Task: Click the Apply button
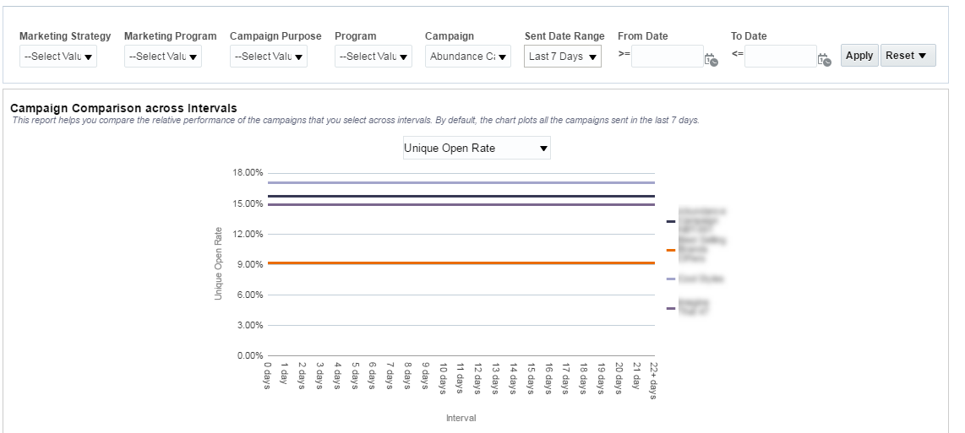click(x=859, y=56)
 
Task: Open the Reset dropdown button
click(x=908, y=56)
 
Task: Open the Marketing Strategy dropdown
click(x=58, y=57)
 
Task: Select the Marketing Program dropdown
click(x=163, y=57)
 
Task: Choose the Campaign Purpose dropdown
click(x=269, y=57)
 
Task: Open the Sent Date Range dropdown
click(x=563, y=57)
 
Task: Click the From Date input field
click(x=667, y=57)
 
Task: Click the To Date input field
click(x=780, y=57)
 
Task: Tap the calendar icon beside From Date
click(x=711, y=59)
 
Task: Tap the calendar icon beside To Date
click(x=824, y=59)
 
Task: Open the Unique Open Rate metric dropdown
click(x=477, y=149)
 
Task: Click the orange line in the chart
click(x=461, y=263)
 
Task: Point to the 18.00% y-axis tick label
click(x=248, y=173)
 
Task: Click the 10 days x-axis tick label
click(x=443, y=379)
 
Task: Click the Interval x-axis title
click(x=461, y=418)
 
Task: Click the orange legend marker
click(x=671, y=250)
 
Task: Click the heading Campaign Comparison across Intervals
click(x=123, y=108)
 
